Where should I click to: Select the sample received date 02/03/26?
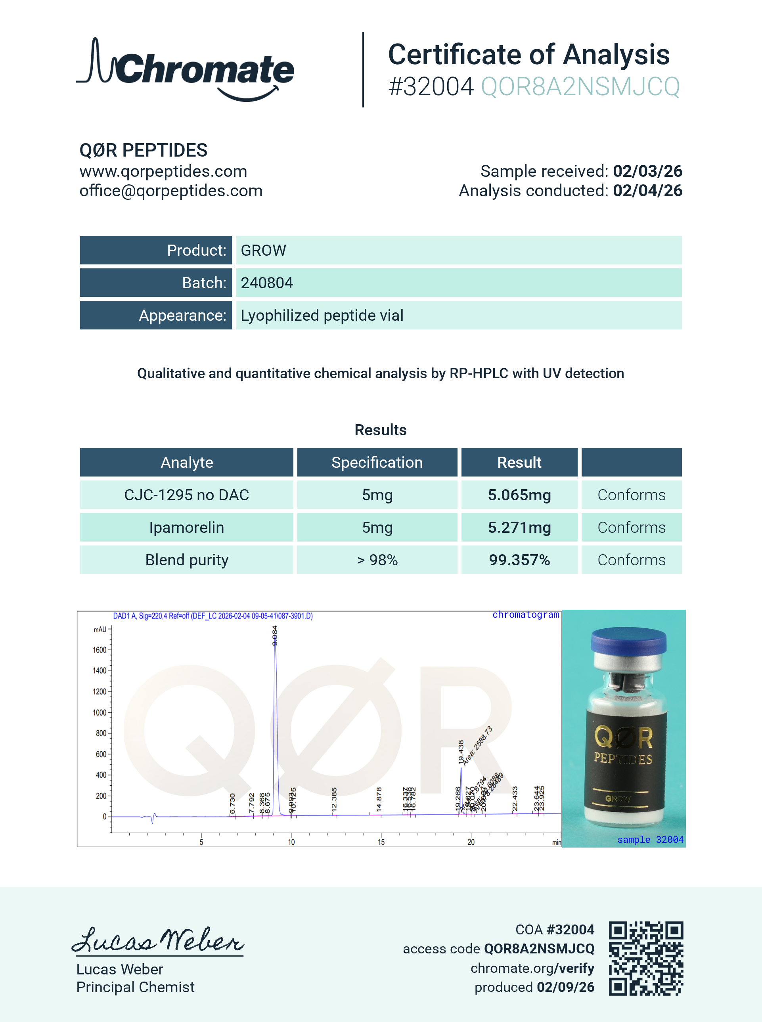click(x=647, y=171)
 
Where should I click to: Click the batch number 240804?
click(x=266, y=283)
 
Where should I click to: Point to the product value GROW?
click(x=263, y=251)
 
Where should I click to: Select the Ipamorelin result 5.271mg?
click(x=519, y=528)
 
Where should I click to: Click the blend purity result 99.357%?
click(x=519, y=560)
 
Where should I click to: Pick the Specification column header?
click(x=377, y=463)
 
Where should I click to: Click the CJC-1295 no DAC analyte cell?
click(x=186, y=495)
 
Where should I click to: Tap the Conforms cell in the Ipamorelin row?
click(x=631, y=528)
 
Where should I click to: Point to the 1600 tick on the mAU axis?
click(x=100, y=650)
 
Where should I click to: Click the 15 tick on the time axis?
click(x=381, y=842)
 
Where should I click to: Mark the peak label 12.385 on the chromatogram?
click(x=334, y=799)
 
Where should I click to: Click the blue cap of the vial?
click(x=628, y=640)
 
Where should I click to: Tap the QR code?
click(x=645, y=958)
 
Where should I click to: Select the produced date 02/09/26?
click(x=565, y=987)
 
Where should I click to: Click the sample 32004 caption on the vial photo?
click(x=650, y=839)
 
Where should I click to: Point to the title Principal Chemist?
click(x=135, y=987)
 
